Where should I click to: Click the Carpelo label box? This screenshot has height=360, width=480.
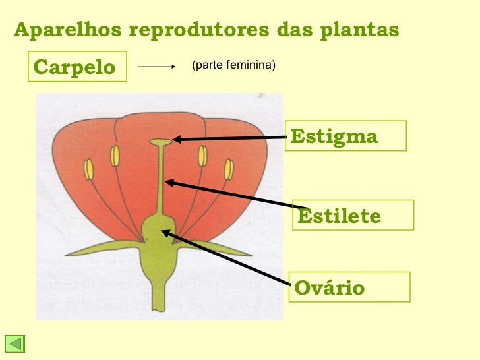click(76, 67)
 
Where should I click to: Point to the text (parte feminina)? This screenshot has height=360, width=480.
click(233, 65)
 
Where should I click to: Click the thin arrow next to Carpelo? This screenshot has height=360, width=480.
click(156, 67)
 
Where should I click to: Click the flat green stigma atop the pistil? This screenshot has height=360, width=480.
click(160, 141)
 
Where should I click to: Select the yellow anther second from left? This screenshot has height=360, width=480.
click(115, 156)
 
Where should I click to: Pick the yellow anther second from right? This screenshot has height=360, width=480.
click(202, 156)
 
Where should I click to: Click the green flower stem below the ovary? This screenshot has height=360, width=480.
click(158, 284)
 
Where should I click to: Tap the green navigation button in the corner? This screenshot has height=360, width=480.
click(15, 344)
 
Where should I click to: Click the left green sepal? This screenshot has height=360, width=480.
click(105, 249)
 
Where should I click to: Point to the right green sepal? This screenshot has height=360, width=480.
click(211, 249)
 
